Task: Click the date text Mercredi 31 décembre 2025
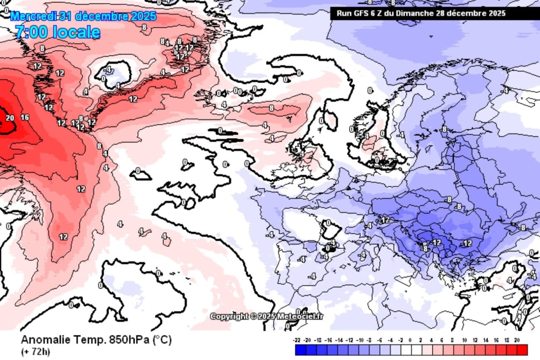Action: [x=83, y=17]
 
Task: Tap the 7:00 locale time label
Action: [x=58, y=32]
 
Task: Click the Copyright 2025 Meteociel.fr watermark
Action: [x=266, y=316]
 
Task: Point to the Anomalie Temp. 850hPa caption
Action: [x=96, y=340]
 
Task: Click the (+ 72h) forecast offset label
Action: [x=35, y=352]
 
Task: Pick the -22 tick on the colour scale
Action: [x=297, y=340]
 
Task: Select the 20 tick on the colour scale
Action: [x=517, y=340]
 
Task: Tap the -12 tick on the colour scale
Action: [x=349, y=340]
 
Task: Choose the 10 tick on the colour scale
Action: [x=464, y=340]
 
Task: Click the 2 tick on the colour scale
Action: [x=420, y=340]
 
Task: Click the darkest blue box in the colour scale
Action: [x=300, y=350]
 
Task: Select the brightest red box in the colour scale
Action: [x=522, y=350]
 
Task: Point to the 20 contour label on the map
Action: [x=10, y=118]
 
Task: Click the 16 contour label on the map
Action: [x=25, y=117]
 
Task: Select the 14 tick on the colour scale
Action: [x=486, y=340]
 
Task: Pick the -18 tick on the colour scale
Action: [x=317, y=340]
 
